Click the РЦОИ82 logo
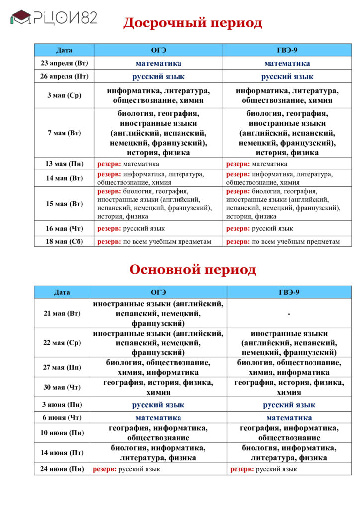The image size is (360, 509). point(54,18)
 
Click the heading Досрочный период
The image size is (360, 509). point(192,23)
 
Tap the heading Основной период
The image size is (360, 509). point(192,270)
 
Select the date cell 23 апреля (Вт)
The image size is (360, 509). point(64,63)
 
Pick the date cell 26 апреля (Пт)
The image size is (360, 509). point(64,76)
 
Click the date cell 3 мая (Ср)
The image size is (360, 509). point(64,95)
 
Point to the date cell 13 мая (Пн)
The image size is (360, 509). point(64,164)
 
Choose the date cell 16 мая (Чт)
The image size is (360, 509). point(64,228)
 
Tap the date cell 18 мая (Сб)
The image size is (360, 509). point(64,242)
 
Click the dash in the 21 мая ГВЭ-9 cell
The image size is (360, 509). point(289,313)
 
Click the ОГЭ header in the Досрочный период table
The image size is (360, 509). point(158,50)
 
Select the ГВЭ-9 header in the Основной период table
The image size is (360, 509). point(289,292)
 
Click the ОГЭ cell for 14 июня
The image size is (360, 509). point(158,453)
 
